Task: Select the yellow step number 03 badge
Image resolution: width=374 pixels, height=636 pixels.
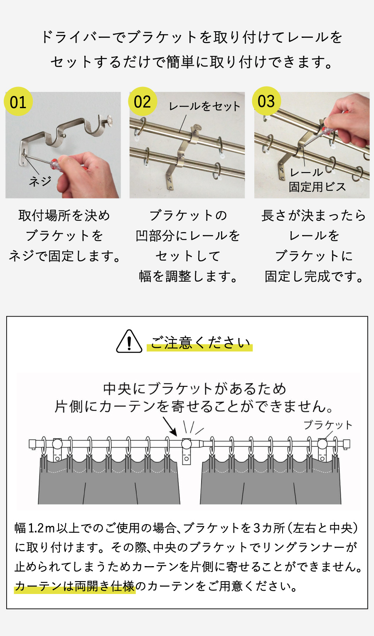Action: (x=266, y=101)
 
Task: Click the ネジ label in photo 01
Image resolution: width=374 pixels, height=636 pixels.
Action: (x=40, y=181)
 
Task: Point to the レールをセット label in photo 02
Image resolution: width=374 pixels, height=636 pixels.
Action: (x=204, y=106)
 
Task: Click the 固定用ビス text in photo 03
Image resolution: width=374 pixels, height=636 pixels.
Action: (x=317, y=187)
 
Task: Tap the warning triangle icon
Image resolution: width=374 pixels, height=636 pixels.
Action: (x=129, y=342)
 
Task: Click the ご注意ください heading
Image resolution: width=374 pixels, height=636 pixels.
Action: (x=200, y=343)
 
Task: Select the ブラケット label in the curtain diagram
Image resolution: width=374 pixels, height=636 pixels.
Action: (x=328, y=425)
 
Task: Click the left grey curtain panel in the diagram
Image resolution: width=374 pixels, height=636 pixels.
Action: (x=109, y=483)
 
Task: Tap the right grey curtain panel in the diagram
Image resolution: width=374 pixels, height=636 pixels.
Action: (x=270, y=483)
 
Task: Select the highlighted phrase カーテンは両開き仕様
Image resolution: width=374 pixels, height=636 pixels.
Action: (x=75, y=587)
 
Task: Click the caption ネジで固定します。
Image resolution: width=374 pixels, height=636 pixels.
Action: (x=64, y=256)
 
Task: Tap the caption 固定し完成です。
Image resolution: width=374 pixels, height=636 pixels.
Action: (x=314, y=276)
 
